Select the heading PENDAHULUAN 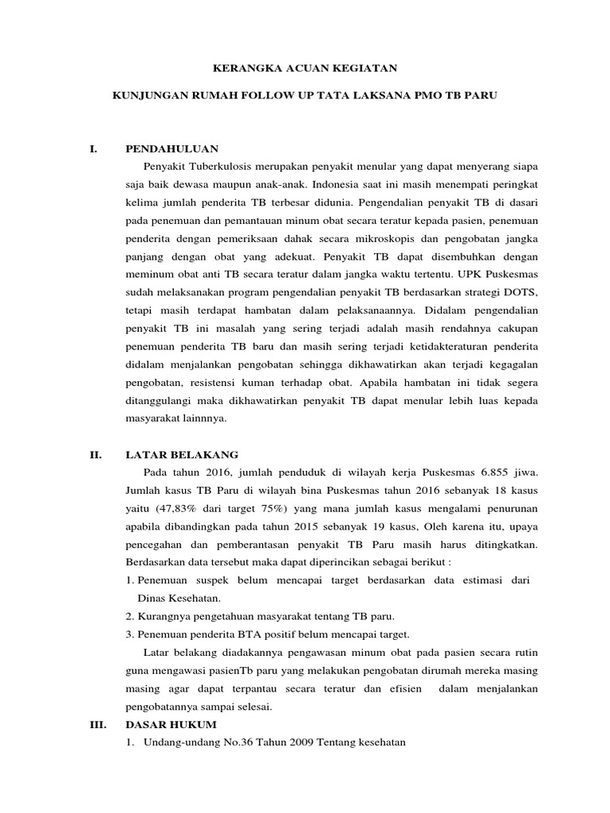coord(172,148)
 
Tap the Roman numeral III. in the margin coord(99,725)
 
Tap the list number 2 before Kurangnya coord(129,615)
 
